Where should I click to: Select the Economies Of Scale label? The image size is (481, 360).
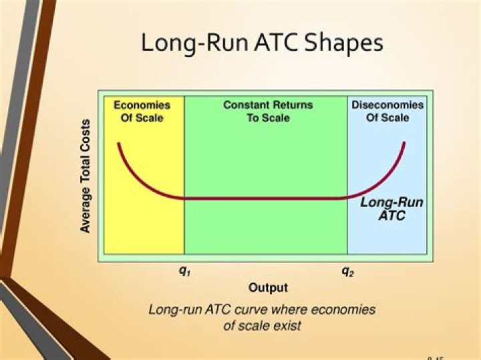click(x=142, y=111)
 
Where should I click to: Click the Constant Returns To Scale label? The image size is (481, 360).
click(x=267, y=111)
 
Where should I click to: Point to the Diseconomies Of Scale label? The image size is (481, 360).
click(x=387, y=111)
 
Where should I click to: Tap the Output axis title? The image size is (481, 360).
click(x=268, y=288)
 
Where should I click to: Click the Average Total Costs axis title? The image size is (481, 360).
click(x=86, y=176)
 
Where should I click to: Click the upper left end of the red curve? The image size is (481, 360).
click(x=119, y=144)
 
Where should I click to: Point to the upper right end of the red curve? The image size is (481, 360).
click(x=404, y=143)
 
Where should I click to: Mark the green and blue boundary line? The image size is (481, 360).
click(x=347, y=227)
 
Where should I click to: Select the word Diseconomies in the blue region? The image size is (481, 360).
click(x=387, y=105)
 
